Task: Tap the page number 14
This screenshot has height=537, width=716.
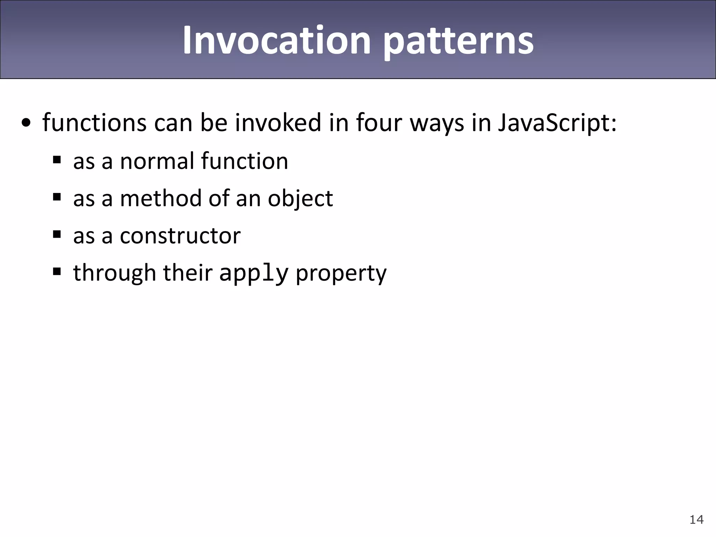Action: click(x=696, y=520)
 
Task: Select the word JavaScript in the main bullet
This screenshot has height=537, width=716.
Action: click(x=557, y=123)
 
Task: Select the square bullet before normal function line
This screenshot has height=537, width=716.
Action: click(x=57, y=160)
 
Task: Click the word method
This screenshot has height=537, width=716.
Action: click(x=160, y=198)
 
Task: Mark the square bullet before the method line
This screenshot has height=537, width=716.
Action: click(x=57, y=197)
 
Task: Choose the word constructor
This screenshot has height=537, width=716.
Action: click(x=180, y=236)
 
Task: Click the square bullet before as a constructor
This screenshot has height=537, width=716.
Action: click(x=57, y=234)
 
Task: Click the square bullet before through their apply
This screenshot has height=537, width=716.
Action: click(x=57, y=272)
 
